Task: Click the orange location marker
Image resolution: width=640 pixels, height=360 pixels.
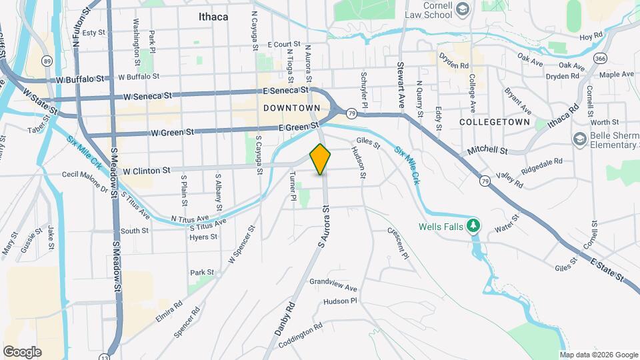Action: pos(321,159)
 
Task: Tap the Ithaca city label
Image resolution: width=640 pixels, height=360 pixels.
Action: pos(213,17)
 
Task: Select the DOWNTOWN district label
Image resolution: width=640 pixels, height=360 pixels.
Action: pos(291,107)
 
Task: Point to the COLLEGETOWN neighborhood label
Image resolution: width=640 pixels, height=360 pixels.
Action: pos(495,122)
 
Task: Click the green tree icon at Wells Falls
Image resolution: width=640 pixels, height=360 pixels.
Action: pos(473,225)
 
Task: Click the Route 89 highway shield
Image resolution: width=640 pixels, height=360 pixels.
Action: pos(47,61)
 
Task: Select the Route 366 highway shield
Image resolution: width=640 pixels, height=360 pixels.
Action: pos(600,59)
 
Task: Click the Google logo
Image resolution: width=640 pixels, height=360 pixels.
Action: pos(22,351)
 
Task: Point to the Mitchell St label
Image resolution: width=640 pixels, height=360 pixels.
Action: pos(492,151)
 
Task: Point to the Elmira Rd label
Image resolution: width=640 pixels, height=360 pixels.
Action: pos(169,311)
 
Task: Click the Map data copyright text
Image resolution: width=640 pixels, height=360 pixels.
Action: pos(598,355)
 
